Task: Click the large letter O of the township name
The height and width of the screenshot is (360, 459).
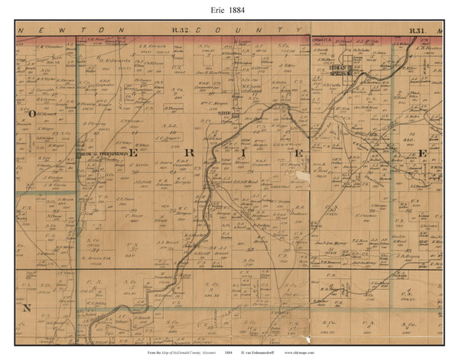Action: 33,112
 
